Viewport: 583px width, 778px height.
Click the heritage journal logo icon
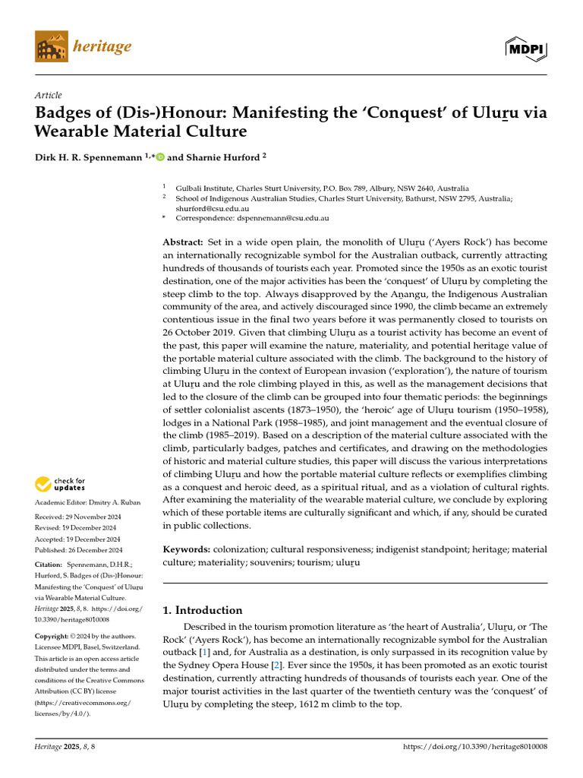(x=51, y=47)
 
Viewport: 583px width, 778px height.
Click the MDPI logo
(x=526, y=48)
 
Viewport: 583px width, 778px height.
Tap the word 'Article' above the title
(x=48, y=95)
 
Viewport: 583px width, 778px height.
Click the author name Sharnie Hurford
(x=224, y=157)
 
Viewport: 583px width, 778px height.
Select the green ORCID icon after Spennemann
(x=160, y=157)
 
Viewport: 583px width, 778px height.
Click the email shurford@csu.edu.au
(x=208, y=207)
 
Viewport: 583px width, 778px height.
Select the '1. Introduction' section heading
(x=203, y=609)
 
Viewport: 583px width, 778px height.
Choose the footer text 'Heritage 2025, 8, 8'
(x=65, y=748)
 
